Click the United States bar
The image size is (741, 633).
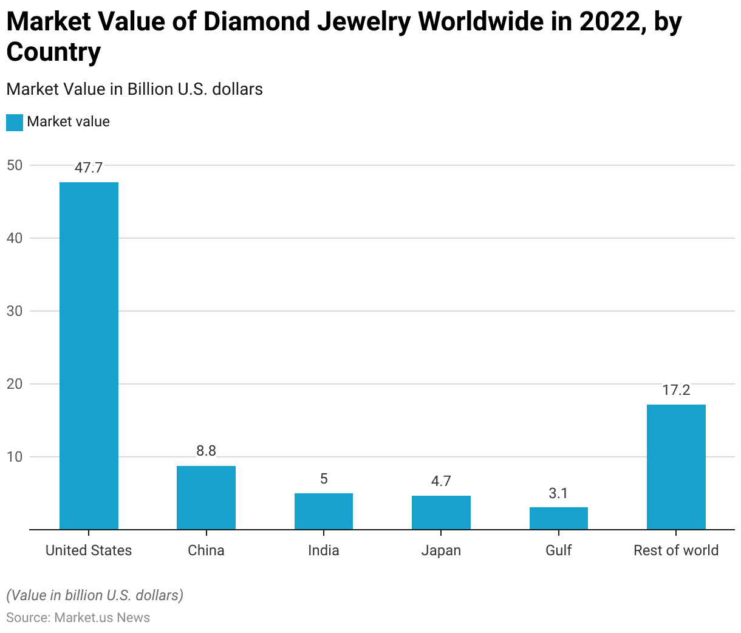[89, 355]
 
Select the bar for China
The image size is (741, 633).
[206, 498]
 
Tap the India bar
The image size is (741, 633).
[324, 511]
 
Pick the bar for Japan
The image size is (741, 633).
[441, 512]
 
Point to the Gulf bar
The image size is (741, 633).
[558, 518]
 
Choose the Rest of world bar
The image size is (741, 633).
[676, 467]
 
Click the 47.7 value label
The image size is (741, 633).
[89, 168]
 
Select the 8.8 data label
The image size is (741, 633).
[206, 451]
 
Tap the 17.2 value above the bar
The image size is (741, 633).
[676, 390]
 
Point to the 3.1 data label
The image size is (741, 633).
[558, 493]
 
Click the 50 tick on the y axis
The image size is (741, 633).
[15, 165]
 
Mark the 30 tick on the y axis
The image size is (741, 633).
[15, 311]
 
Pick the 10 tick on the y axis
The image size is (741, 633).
[15, 457]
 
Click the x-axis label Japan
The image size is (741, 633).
[441, 550]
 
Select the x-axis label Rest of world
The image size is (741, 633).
[676, 550]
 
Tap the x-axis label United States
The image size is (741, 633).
[89, 550]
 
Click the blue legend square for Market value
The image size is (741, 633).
[15, 122]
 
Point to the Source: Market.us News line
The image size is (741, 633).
[78, 618]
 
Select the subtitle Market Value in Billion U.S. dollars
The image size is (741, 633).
[134, 89]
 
